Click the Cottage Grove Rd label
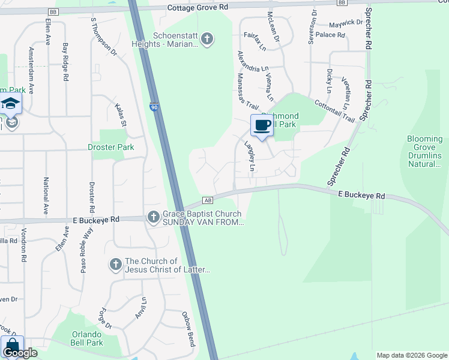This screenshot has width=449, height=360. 198,7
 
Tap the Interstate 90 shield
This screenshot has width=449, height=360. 154,107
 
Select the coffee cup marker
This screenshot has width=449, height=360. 261,125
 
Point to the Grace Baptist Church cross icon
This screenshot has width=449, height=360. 153,217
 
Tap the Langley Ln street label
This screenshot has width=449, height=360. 250,155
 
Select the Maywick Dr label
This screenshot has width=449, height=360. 346,24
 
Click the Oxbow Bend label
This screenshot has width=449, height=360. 188,329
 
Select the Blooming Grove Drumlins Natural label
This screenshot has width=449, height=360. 424,151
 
